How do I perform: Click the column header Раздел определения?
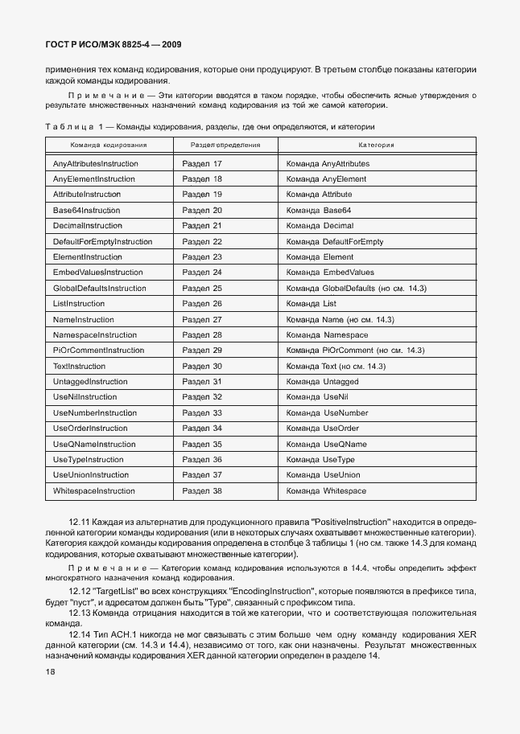[x=225, y=146]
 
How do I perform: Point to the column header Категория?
[x=376, y=146]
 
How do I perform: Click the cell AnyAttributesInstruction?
[x=96, y=163]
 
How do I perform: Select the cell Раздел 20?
[x=202, y=210]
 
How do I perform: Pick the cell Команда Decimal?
[x=320, y=226]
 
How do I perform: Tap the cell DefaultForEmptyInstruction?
[x=102, y=241]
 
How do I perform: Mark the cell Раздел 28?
[x=202, y=334]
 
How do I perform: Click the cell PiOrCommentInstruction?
[x=98, y=351]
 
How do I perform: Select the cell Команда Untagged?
[x=322, y=382]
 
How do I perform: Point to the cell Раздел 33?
[x=202, y=412]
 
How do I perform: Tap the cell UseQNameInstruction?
[x=94, y=444]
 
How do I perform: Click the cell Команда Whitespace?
[x=326, y=490]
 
